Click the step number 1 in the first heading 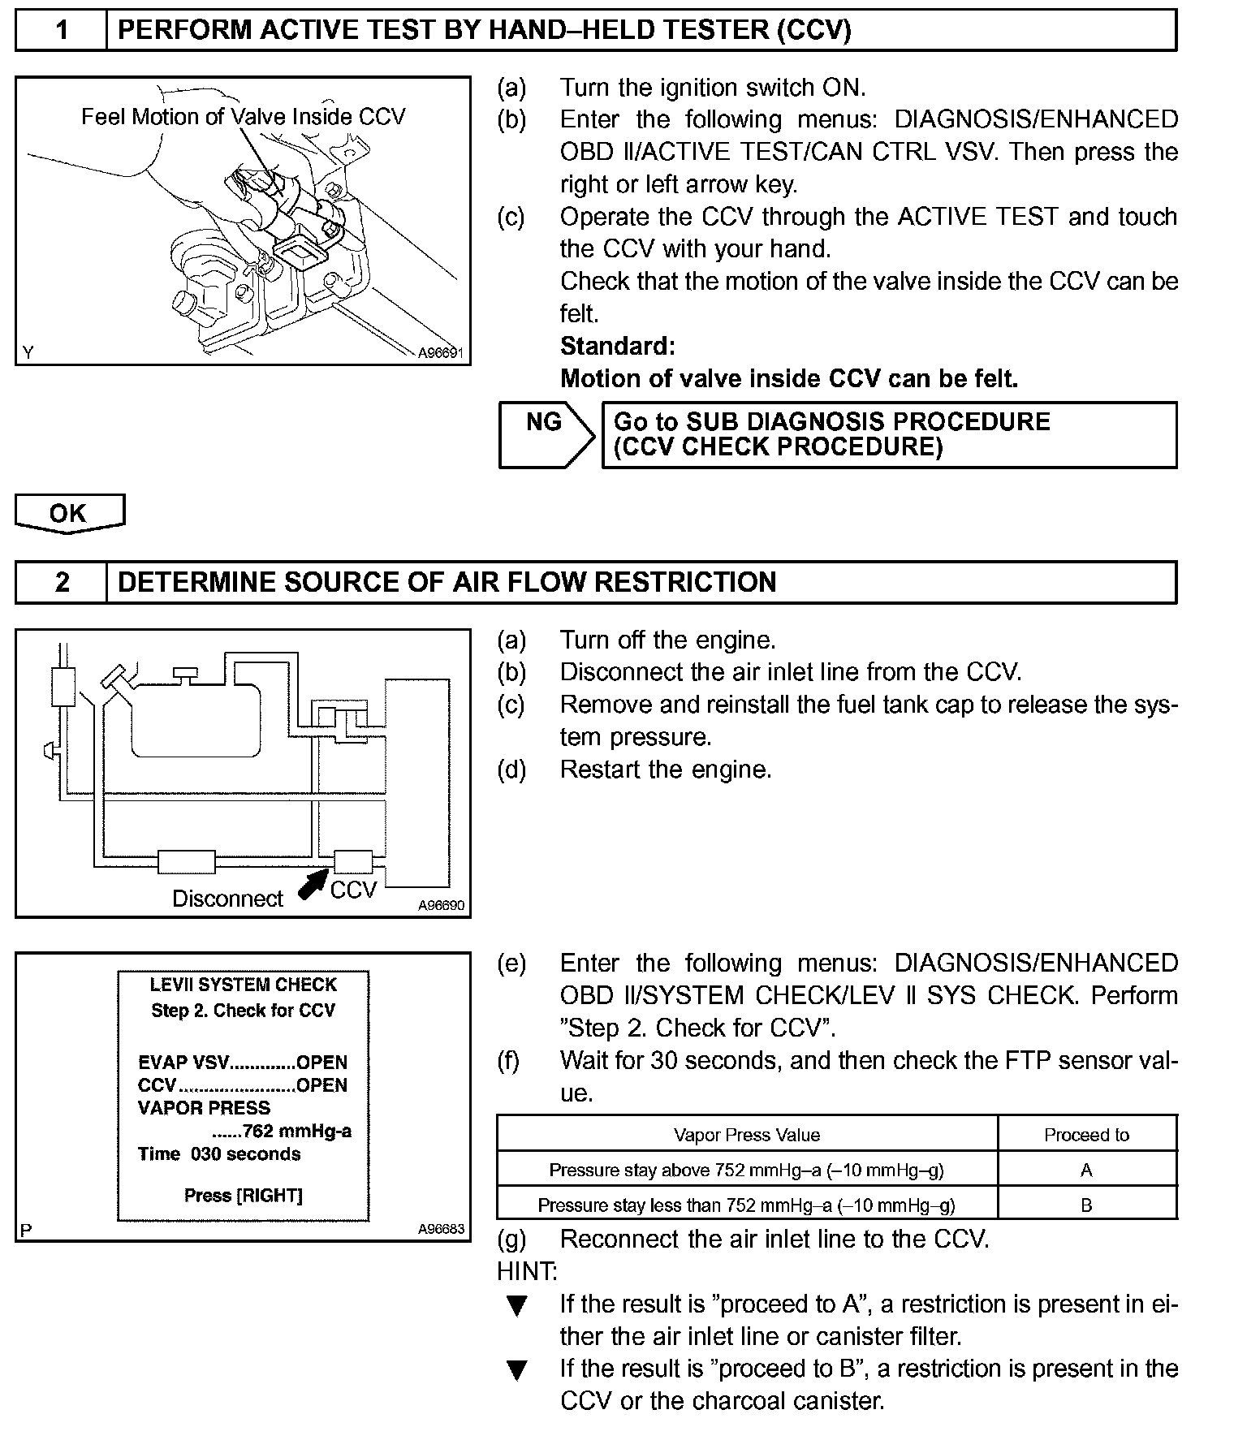coord(62,31)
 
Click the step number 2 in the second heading coord(62,583)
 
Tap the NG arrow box coord(545,434)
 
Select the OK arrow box coord(69,513)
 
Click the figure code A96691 coord(440,353)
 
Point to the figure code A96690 coord(441,905)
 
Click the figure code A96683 coord(441,1229)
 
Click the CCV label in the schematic coord(353,890)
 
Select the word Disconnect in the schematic coord(227,899)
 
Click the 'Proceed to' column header coord(1086,1135)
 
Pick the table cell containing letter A coord(1086,1170)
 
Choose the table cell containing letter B coord(1086,1205)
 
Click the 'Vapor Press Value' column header coord(746,1135)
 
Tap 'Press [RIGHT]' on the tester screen coord(243,1195)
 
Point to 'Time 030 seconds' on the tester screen coord(219,1154)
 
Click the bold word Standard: coord(617,347)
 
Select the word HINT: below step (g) coord(527,1271)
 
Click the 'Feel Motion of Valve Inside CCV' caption coord(243,117)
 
